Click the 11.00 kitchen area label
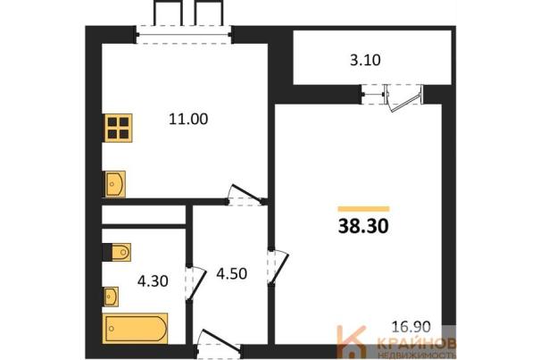pyautogui.click(x=188, y=120)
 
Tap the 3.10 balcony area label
pyautogui.click(x=365, y=61)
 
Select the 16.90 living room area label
pyautogui.click(x=411, y=327)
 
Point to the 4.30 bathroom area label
pyautogui.click(x=153, y=281)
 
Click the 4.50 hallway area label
pyautogui.click(x=232, y=273)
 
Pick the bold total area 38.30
pyautogui.click(x=363, y=226)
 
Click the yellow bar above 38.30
pyautogui.click(x=363, y=209)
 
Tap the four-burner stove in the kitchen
pyautogui.click(x=119, y=128)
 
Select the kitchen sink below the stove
pyautogui.click(x=115, y=184)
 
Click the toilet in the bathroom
pyautogui.click(x=117, y=252)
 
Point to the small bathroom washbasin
pyautogui.click(x=112, y=297)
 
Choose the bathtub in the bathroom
pyautogui.click(x=136, y=329)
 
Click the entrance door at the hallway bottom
pyautogui.click(x=219, y=343)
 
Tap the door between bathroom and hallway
pyautogui.click(x=195, y=283)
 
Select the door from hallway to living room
pyautogui.click(x=278, y=267)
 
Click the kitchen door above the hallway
pyautogui.click(x=245, y=196)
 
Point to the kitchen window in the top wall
pyautogui.click(x=184, y=35)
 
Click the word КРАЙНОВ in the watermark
pyautogui.click(x=418, y=343)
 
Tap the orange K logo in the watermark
pyautogui.click(x=351, y=342)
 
